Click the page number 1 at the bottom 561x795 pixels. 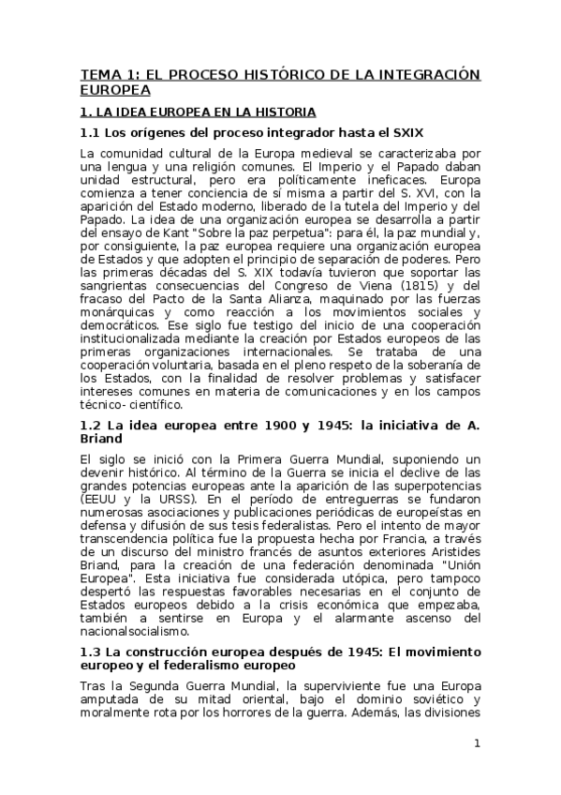coord(477,743)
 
